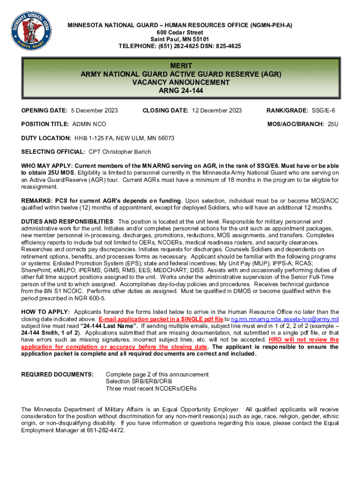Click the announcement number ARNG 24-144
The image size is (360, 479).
[180, 91]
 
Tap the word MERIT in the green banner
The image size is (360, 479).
[180, 65]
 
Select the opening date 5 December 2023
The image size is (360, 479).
[94, 110]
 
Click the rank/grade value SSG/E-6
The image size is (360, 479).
[324, 110]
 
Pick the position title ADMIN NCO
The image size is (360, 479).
[89, 124]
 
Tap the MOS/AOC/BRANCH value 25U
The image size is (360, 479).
[333, 124]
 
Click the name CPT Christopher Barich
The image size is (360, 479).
[120, 152]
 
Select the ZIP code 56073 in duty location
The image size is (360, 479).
[166, 138]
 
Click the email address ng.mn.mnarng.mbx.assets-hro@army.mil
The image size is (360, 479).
[285, 319]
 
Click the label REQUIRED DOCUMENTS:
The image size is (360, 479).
[58, 375]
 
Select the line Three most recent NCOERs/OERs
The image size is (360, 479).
[151, 389]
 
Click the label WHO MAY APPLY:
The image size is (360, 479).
[47, 166]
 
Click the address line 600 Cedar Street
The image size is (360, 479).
[180, 32]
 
